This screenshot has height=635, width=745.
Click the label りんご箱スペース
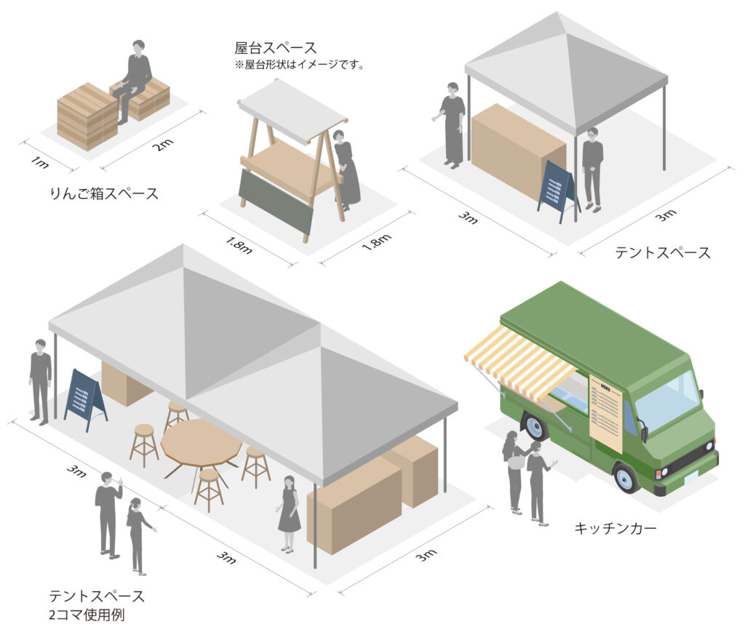[104, 193]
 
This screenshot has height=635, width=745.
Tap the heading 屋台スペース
[275, 48]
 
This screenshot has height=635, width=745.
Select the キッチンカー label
[615, 527]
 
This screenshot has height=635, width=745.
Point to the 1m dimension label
[39, 162]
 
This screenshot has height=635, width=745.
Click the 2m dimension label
[163, 144]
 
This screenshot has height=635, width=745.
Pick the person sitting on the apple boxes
[134, 81]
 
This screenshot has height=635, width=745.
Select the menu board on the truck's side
[606, 412]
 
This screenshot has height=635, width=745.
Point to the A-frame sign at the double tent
[85, 399]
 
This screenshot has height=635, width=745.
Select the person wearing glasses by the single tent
[592, 169]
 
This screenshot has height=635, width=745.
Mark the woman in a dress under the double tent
[288, 514]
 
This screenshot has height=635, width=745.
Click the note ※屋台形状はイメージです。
[300, 65]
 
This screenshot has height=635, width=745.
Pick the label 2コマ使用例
[87, 615]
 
